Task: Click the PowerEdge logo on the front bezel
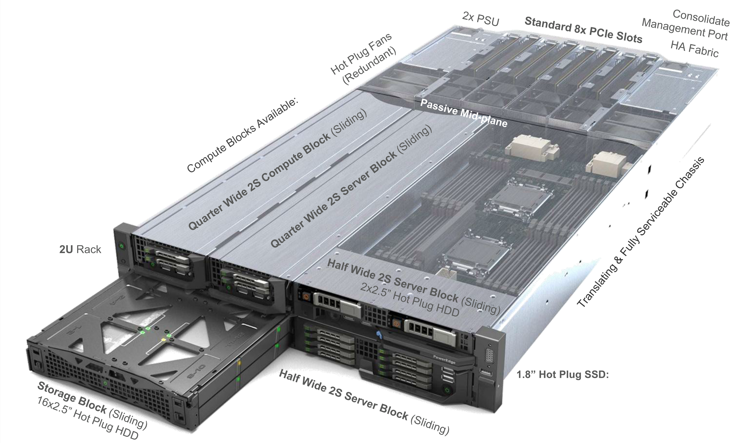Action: point(444,359)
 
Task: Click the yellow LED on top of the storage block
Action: point(163,340)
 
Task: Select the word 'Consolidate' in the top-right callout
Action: point(701,18)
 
